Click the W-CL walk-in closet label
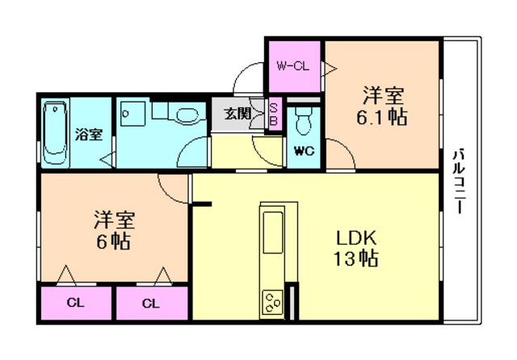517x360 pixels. click(293, 66)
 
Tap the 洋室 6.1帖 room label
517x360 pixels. click(383, 106)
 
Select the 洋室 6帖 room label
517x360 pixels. click(112, 229)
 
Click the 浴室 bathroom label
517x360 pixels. click(89, 134)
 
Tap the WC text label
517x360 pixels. click(304, 150)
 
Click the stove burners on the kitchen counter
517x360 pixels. click(272, 304)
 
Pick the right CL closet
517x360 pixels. click(151, 304)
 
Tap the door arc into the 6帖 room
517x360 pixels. click(172, 187)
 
